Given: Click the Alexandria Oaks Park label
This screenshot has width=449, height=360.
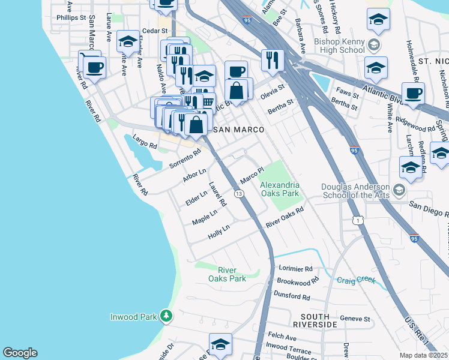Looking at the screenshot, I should [279, 190].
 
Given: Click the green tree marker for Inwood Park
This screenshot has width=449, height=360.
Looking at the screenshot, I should [166, 316].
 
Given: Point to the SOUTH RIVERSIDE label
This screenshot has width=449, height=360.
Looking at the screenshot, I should [310, 320].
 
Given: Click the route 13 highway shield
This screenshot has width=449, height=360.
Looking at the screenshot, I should [239, 194].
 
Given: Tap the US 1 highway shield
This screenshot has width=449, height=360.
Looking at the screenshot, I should [358, 221].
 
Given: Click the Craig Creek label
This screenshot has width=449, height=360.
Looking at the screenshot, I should [356, 280].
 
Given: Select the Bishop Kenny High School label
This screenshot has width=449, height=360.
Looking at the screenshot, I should [339, 46].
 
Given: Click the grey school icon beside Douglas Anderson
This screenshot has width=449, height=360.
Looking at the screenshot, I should [399, 191].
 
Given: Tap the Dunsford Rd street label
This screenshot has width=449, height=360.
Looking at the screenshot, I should [292, 296].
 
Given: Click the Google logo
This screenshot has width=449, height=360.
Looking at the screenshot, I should [20, 353].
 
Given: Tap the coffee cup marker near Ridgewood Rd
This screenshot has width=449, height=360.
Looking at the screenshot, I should [413, 93].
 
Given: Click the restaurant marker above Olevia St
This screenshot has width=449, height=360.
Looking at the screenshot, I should [273, 59].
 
